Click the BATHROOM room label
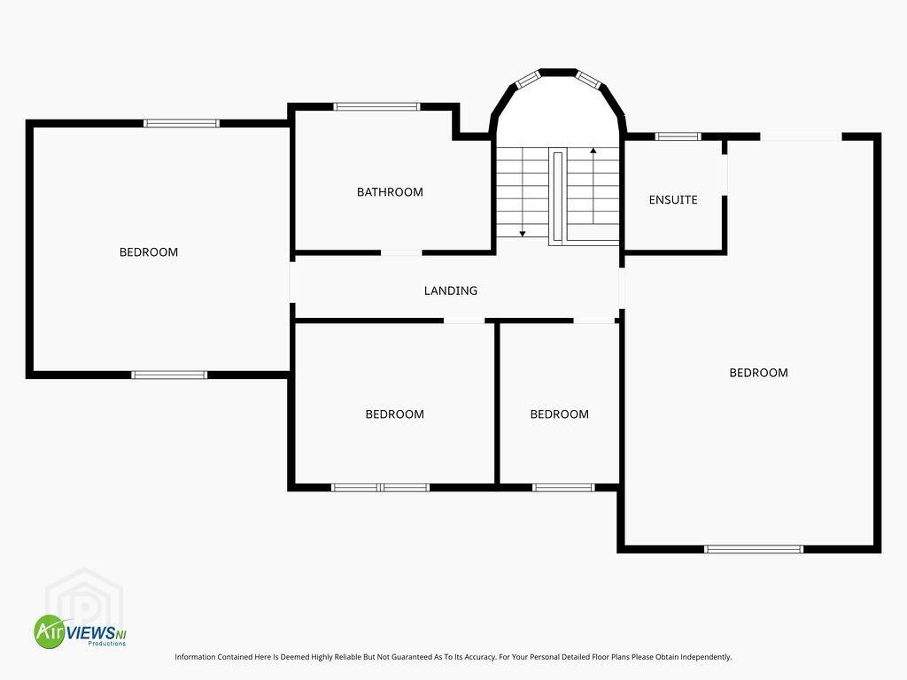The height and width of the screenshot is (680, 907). coord(390,192)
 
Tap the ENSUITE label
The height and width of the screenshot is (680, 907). coord(673,200)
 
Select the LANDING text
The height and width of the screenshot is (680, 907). coord(451,290)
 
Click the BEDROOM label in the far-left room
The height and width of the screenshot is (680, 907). coord(149,252)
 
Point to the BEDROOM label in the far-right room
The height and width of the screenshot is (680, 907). coord(758,373)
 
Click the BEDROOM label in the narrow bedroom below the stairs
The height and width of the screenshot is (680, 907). coord(560,414)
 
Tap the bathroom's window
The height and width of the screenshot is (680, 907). coord(376,106)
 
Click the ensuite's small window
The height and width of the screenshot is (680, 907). coord(678,136)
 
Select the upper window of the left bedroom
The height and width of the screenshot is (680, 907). coord(182,123)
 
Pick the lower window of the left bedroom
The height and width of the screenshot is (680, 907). coord(169,375)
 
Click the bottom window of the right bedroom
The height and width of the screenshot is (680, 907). coord(754,549)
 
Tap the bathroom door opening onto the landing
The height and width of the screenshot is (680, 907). coord(401,252)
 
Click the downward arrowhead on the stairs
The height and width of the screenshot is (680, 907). coord(523,234)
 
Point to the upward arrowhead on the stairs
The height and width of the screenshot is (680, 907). coord(593,151)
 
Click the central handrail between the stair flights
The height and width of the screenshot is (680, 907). coord(558,196)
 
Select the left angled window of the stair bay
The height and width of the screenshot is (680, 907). coord(528,79)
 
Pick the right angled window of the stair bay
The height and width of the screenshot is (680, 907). coord(589,79)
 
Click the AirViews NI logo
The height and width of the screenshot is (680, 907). coord(80,631)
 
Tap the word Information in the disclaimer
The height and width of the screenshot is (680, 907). coord(195,657)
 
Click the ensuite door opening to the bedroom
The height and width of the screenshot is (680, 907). coord(725,175)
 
